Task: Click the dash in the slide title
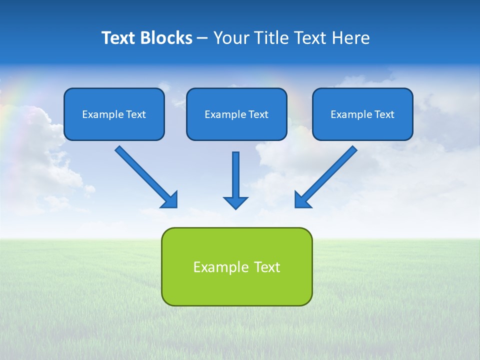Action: coord(202,38)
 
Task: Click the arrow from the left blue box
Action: coord(142,173)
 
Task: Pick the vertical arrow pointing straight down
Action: coord(235,175)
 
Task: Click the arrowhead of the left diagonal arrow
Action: coord(170,200)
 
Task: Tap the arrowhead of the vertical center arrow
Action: coord(235,202)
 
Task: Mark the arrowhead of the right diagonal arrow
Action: coord(302,200)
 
